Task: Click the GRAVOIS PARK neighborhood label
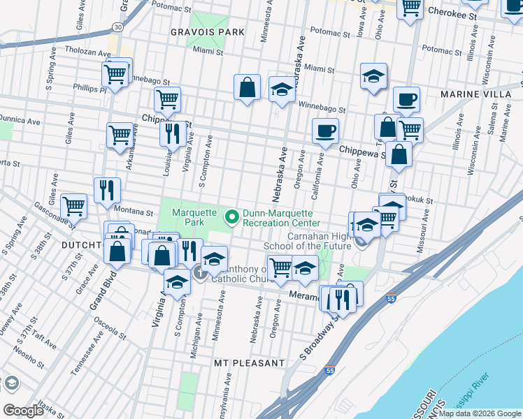click(x=208, y=32)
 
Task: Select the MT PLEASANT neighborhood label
click(x=250, y=364)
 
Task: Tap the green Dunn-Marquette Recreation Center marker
click(x=232, y=216)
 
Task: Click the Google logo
click(x=24, y=411)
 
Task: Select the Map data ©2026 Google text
click(x=480, y=413)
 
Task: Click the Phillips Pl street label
click(x=89, y=89)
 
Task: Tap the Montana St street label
click(x=134, y=212)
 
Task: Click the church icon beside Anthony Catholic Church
click(x=200, y=272)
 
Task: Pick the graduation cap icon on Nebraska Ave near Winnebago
click(x=282, y=89)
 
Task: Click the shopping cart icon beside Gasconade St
click(x=73, y=205)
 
